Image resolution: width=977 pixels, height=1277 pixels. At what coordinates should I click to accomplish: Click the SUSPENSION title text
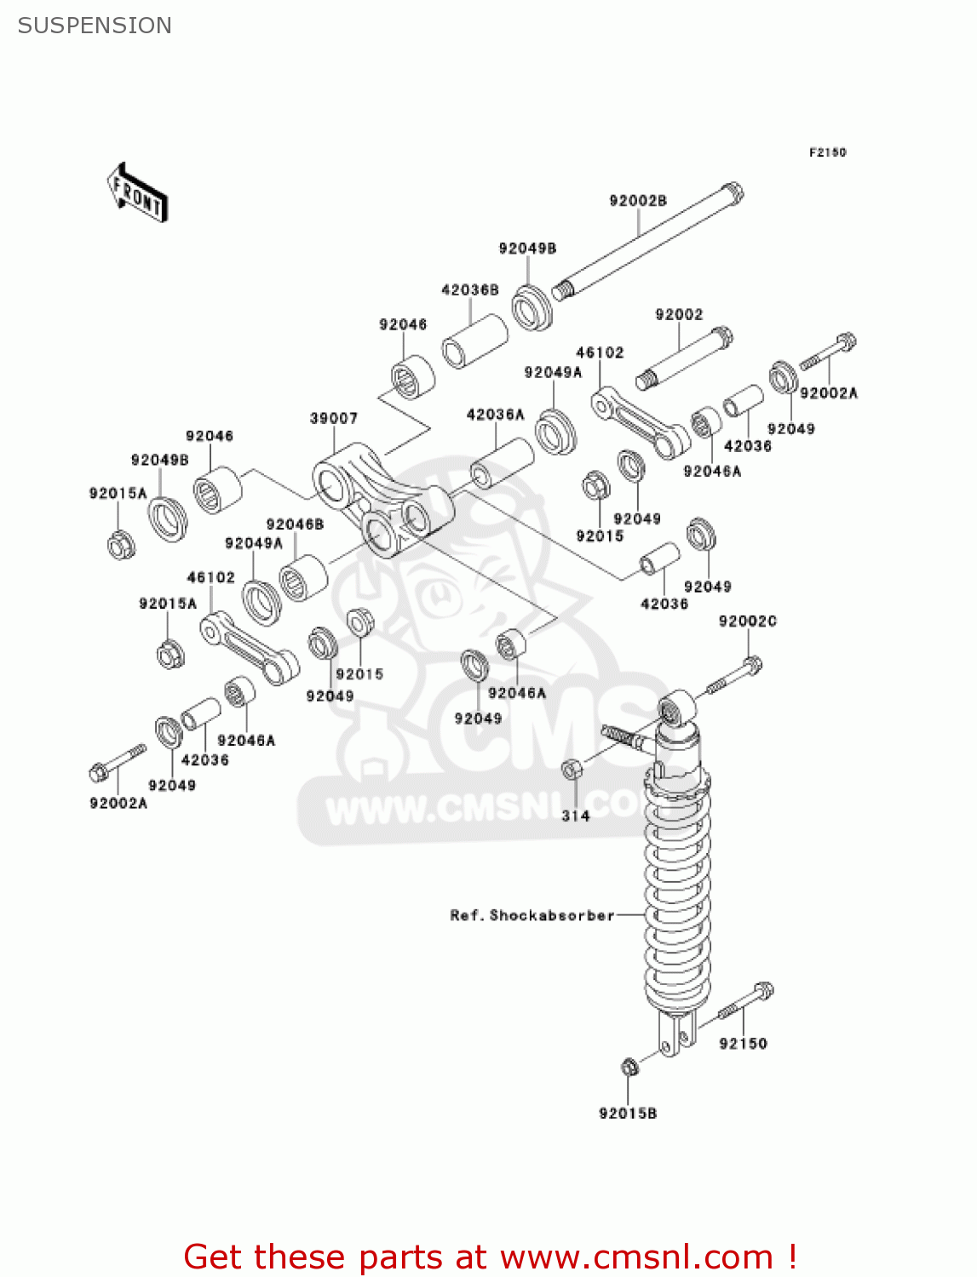pos(95,26)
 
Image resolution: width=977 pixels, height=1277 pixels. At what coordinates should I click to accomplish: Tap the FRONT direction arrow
pos(137,193)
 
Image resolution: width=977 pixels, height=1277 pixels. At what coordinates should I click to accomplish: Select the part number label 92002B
pos(638,201)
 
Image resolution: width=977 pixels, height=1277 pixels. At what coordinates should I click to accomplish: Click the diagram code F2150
pos(827,152)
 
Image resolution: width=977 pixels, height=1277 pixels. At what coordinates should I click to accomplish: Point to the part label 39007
pos(334,418)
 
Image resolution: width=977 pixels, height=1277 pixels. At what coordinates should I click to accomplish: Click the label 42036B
pos(470,290)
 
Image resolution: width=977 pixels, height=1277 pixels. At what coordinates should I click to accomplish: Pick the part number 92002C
pos(748,621)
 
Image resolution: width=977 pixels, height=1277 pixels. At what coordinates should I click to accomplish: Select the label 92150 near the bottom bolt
pos(743,1044)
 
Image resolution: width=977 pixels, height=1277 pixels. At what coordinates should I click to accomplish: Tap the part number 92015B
pos(628,1114)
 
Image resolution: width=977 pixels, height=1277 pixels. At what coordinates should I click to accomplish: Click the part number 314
pos(576,816)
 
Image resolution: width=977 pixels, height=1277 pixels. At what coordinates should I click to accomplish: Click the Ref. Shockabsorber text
pos(532,915)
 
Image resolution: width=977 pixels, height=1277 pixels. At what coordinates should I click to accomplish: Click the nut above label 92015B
pos(629,1066)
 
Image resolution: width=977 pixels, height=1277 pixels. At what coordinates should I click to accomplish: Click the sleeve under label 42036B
pos(474,341)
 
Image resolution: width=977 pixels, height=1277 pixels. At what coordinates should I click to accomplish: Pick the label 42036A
pos(496,415)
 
